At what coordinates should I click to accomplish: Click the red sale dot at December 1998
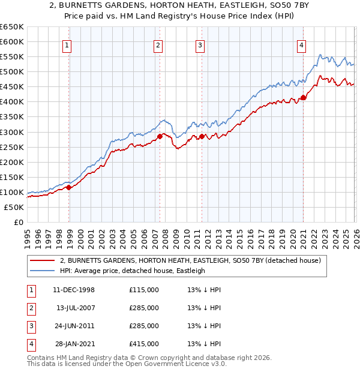[x=69, y=187]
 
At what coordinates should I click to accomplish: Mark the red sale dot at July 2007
[x=160, y=136]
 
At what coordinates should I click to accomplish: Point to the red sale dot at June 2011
[x=202, y=136]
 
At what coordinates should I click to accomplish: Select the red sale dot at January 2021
[x=304, y=97]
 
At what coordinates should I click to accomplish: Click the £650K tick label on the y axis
[x=12, y=27]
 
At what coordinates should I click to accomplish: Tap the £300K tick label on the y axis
[x=12, y=132]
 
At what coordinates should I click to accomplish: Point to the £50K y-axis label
[x=14, y=207]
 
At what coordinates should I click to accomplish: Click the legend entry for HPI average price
[x=133, y=271]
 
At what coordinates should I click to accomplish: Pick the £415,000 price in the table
[x=144, y=344]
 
